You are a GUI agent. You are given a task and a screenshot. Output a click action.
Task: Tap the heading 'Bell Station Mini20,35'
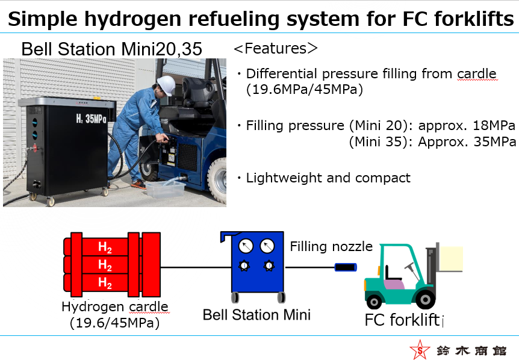pos(111,49)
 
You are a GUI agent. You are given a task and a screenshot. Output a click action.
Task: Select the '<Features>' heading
pos(275,48)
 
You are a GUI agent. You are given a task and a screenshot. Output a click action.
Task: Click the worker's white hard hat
pos(166,85)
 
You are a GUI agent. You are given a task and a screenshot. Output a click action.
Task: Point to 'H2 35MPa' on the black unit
pos(91,118)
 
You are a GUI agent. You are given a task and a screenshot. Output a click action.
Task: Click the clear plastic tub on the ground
pos(165,189)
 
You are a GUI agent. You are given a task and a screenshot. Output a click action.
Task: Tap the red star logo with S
pos(420,350)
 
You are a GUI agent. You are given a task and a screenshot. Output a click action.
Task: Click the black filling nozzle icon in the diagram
pos(346,267)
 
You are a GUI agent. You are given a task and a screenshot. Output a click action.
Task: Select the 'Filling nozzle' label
pos(331,246)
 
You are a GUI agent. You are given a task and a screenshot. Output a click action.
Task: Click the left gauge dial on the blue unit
pos(246,246)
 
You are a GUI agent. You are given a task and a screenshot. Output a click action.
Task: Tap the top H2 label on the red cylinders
pos(105,247)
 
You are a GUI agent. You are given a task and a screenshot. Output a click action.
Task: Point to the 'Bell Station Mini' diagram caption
pos(256,315)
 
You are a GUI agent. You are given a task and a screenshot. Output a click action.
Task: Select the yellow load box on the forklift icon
pos(451,259)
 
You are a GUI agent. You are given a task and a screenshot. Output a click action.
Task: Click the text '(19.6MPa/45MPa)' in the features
pos(305,89)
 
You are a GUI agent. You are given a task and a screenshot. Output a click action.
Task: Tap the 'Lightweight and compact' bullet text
pos(328,178)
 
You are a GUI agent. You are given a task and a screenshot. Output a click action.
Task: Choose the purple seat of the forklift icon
pos(394,284)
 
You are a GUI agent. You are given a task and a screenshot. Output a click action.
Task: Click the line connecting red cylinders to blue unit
pos(196,267)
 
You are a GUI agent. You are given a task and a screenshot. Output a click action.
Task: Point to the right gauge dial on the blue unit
pos(267,246)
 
